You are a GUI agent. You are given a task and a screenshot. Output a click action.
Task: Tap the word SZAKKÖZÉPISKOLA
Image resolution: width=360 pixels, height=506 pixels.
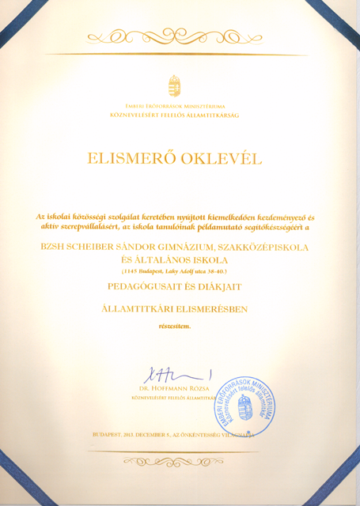coord(267,247)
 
